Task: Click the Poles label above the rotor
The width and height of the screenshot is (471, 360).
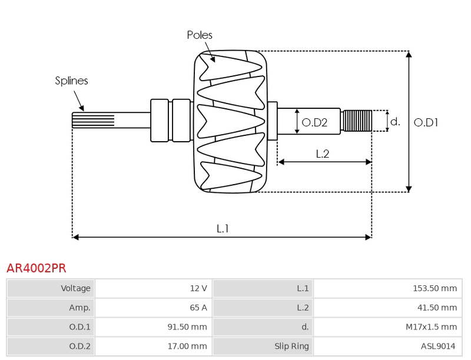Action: [200, 35]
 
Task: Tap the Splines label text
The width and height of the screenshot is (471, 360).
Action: [71, 81]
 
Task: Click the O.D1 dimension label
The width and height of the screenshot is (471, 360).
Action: [426, 122]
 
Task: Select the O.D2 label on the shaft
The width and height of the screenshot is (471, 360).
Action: [314, 122]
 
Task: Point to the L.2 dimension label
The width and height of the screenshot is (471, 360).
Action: [323, 154]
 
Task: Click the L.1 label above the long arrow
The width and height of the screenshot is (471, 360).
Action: [223, 229]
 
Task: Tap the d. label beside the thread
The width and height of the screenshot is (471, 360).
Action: [395, 122]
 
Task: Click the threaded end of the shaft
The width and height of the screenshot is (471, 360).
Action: [357, 121]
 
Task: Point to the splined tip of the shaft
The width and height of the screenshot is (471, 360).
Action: [93, 120]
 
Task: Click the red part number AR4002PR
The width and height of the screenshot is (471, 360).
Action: [37, 268]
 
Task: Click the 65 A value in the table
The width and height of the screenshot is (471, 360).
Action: [198, 308]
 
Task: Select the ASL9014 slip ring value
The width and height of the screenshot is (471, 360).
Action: [438, 346]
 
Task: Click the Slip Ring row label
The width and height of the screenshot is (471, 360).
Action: [291, 346]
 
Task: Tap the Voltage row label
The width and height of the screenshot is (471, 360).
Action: [76, 288]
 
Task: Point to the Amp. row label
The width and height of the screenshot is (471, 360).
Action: [80, 308]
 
